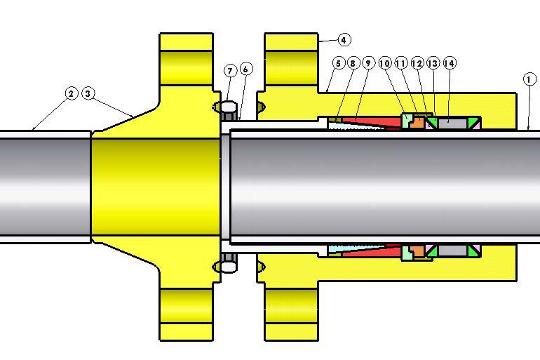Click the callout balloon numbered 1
(x=529, y=80)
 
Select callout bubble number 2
(x=71, y=93)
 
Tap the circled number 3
(x=88, y=93)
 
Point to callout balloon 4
(x=344, y=40)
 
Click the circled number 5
(x=338, y=64)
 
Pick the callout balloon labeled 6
(x=245, y=69)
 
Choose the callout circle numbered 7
(x=230, y=71)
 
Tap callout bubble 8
(x=353, y=64)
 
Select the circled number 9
(x=368, y=64)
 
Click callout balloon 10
(x=385, y=64)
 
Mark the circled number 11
(x=401, y=64)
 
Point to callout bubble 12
(x=417, y=64)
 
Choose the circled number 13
(x=433, y=64)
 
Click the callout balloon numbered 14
(x=450, y=64)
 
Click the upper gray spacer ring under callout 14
(x=452, y=123)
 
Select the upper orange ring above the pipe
(x=417, y=123)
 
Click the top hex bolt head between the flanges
(x=228, y=107)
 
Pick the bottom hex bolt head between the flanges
(x=228, y=268)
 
